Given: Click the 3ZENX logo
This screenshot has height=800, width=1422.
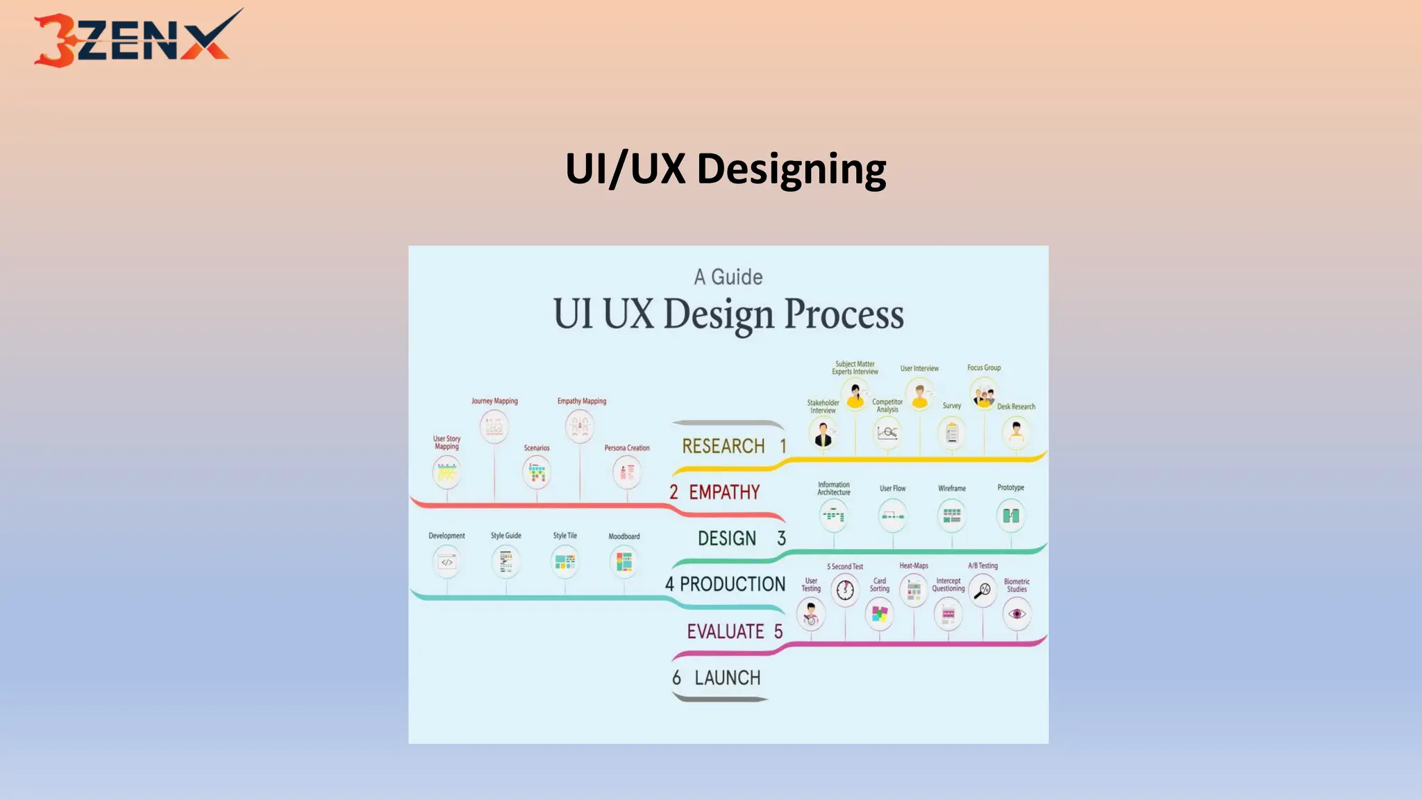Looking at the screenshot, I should [137, 39].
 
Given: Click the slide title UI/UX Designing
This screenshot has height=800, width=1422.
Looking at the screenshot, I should [726, 169].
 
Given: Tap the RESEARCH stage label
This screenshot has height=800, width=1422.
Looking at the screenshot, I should [723, 446].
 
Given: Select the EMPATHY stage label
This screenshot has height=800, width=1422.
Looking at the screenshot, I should [724, 492].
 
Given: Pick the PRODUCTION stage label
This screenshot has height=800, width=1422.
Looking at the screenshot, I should [732, 584].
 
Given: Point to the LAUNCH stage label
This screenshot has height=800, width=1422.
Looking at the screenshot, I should [727, 678].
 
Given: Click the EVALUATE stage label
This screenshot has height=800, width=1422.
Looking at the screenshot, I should [726, 631].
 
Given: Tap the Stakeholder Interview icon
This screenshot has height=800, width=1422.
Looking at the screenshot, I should [823, 435].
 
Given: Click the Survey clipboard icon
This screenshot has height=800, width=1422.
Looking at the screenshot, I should [952, 433].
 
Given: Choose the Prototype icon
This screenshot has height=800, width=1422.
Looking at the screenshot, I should [1011, 515].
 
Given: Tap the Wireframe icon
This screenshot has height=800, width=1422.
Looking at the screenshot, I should [952, 515].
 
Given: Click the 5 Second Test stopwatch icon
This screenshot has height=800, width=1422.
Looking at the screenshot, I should [845, 590].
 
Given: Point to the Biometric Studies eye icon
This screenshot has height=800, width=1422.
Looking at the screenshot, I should [1017, 614].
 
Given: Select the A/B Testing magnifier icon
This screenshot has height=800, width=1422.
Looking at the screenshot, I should [983, 591].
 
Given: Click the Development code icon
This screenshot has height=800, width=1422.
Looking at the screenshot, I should [446, 562].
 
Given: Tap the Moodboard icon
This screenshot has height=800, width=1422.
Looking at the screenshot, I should [624, 562].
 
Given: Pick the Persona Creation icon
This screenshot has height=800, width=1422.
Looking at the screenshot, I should [627, 473].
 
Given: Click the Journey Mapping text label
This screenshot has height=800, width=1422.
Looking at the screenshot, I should [494, 401].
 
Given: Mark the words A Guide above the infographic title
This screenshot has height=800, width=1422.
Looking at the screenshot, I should [728, 277].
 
